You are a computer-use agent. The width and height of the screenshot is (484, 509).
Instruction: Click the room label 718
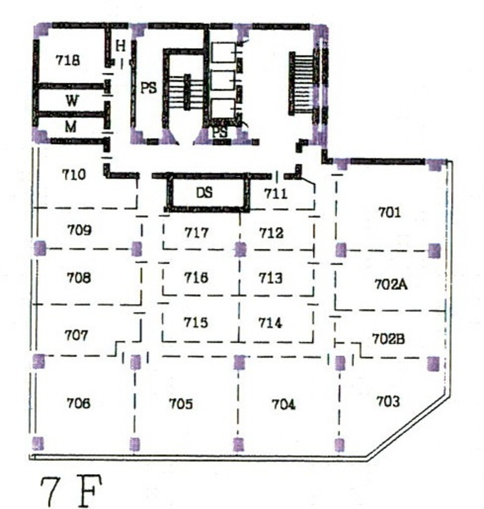pyautogui.click(x=67, y=60)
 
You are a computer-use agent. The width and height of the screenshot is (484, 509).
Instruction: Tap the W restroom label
pyautogui.click(x=72, y=101)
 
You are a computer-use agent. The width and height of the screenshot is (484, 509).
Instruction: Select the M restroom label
pyautogui.click(x=71, y=127)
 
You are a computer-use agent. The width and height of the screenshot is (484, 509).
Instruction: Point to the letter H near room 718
pyautogui.click(x=120, y=46)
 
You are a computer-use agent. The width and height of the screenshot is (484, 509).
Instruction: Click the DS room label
pyautogui.click(x=204, y=193)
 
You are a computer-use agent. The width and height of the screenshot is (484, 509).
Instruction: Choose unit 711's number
pyautogui.click(x=276, y=194)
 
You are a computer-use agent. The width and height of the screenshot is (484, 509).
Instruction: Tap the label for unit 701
pyautogui.click(x=389, y=213)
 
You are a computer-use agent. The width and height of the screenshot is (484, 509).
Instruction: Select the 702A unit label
pyautogui.click(x=391, y=285)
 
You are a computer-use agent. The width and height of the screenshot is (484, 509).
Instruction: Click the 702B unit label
pyautogui.click(x=388, y=339)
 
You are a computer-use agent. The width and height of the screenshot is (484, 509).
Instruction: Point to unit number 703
pyautogui.click(x=388, y=402)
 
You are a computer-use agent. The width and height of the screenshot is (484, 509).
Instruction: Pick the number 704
pyautogui.click(x=283, y=405)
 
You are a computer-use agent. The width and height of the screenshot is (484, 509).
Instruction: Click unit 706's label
pyautogui.click(x=78, y=403)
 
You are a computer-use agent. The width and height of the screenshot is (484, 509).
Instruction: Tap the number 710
pyautogui.click(x=74, y=174)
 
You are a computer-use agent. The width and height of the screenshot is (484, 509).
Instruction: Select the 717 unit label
pyautogui.click(x=196, y=233)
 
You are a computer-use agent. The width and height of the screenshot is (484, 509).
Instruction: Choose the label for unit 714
pyautogui.click(x=270, y=323)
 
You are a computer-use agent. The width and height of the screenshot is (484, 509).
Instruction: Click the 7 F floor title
pyautogui.click(x=71, y=491)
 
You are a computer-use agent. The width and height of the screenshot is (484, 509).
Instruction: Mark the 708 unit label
pyautogui.click(x=78, y=278)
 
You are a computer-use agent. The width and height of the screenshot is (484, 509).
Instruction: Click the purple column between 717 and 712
pyautogui.click(x=240, y=249)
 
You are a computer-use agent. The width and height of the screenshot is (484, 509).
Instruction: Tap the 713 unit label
pyautogui.click(x=271, y=278)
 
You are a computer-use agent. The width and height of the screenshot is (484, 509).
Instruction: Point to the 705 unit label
pyautogui.click(x=181, y=404)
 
